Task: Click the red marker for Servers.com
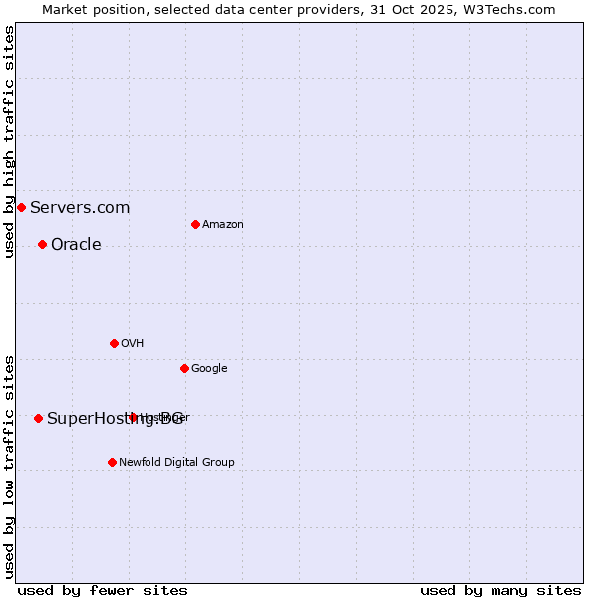pos(21,207)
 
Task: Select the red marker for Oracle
pos(42,244)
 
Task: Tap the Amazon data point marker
pos(195,224)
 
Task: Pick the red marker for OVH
pos(114,343)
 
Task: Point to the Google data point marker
pos(184,368)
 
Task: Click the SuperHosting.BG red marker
pos(38,418)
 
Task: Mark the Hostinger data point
pos(133,417)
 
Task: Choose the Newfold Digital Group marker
pos(112,462)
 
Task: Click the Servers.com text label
pos(80,207)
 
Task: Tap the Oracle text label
pos(76,244)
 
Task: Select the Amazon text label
pos(223,224)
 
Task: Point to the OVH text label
pos(132,343)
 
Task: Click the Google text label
pos(209,368)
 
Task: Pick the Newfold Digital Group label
pos(176,462)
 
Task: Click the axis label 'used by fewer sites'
pos(103,590)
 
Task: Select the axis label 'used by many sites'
pos(500,590)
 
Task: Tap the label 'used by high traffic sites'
pos(9,142)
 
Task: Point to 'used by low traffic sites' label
pos(9,465)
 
